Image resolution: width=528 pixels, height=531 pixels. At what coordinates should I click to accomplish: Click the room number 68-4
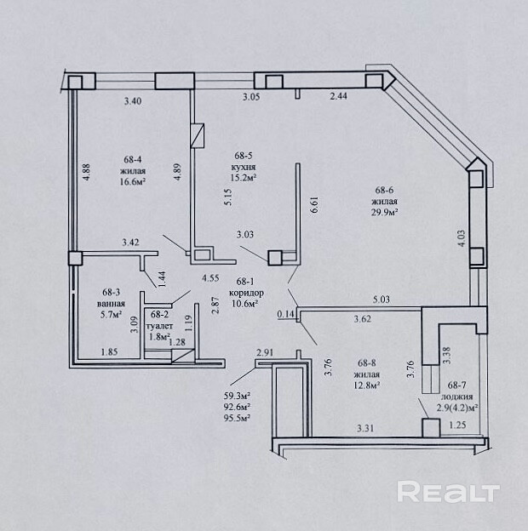click(x=133, y=158)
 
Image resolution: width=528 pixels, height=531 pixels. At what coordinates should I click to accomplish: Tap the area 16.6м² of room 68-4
click(x=133, y=181)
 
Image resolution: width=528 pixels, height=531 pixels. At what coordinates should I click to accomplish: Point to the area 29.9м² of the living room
click(x=385, y=213)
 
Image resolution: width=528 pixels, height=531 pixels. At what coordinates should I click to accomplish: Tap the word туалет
click(x=158, y=325)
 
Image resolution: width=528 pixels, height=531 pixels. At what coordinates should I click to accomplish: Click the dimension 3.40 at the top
click(x=132, y=102)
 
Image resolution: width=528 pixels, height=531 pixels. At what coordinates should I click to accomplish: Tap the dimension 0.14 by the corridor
click(x=284, y=314)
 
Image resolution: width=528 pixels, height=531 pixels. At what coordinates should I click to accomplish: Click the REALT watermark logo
click(x=447, y=492)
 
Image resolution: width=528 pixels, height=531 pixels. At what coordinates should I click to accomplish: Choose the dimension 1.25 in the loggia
click(x=457, y=425)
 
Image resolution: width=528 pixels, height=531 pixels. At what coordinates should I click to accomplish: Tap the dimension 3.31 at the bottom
click(x=365, y=426)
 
